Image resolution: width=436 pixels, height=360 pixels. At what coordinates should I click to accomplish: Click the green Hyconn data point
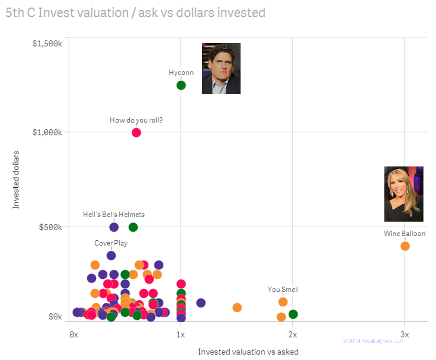[181, 85]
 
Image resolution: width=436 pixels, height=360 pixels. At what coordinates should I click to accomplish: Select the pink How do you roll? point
[136, 132]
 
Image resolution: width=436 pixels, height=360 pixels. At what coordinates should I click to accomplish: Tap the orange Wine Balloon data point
[405, 246]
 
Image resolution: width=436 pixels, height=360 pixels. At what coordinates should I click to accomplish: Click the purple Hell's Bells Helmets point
[114, 227]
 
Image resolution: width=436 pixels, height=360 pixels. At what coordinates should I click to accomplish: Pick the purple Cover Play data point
[111, 255]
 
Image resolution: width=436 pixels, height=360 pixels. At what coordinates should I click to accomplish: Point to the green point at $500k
[133, 227]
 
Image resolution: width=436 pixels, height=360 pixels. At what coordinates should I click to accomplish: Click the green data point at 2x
[293, 314]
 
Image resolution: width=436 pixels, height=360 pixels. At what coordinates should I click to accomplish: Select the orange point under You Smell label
[283, 302]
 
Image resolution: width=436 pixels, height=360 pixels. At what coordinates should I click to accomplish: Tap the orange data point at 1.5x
[237, 307]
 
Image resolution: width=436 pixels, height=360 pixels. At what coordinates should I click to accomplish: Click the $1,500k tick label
[47, 44]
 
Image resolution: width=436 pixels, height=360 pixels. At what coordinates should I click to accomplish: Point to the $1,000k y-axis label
[47, 132]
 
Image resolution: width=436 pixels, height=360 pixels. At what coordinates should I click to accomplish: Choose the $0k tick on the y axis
[54, 316]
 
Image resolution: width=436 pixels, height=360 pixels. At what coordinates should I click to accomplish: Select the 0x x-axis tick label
[73, 334]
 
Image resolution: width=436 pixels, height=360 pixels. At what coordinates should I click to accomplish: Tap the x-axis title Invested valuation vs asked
[248, 351]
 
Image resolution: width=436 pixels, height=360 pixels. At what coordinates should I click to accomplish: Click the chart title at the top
[135, 13]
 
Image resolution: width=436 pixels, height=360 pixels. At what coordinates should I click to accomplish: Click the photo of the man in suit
[221, 68]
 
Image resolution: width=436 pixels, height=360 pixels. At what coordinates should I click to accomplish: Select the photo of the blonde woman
[403, 194]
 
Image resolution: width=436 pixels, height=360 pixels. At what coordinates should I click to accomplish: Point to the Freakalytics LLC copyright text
[373, 341]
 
